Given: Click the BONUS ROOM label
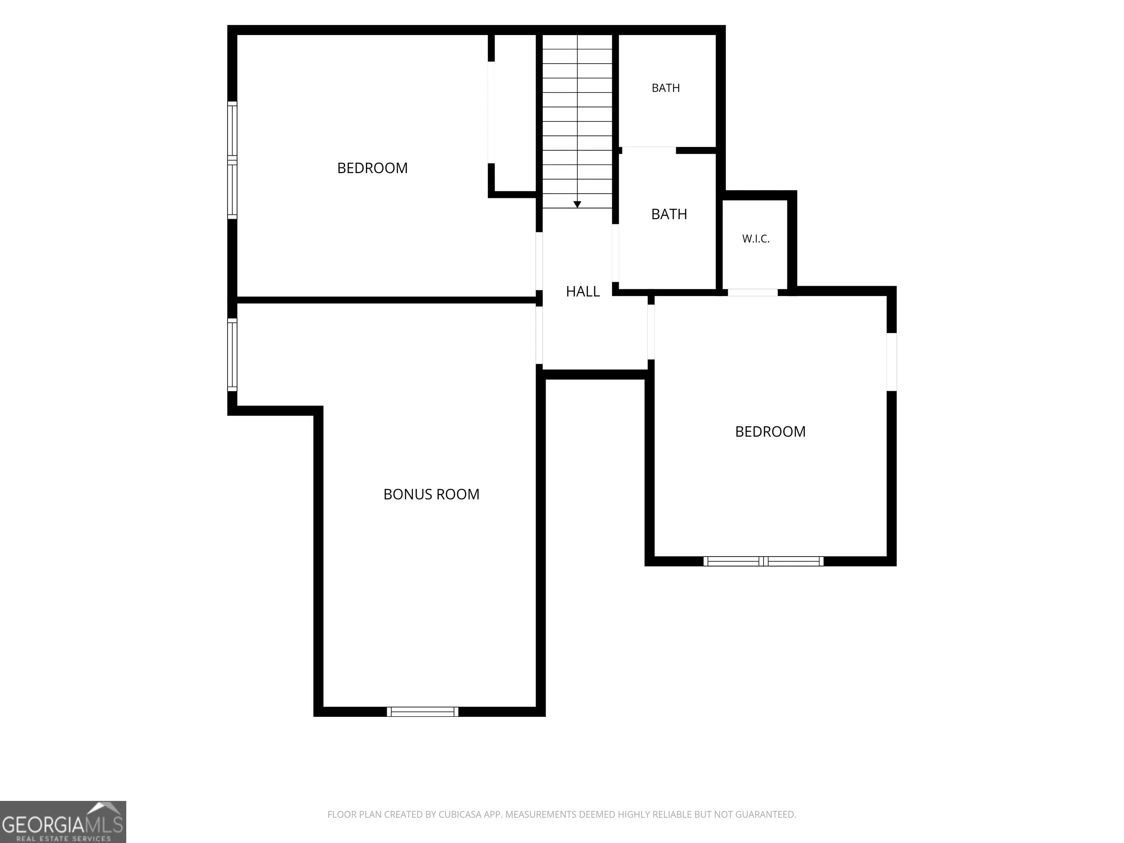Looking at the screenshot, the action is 431,494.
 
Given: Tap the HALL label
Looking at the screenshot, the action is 583,291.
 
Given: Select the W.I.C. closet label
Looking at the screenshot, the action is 756,239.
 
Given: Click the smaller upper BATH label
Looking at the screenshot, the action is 666,88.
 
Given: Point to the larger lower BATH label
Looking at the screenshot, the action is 669,214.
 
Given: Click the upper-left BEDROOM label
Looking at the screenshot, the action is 372,168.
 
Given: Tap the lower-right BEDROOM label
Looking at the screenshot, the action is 770,432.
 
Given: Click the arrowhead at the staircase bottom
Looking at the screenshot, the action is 577,204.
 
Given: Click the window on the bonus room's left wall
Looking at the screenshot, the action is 232,355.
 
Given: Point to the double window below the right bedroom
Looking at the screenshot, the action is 763,561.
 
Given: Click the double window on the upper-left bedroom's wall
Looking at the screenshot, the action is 232,160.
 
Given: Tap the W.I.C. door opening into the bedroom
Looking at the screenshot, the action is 753,292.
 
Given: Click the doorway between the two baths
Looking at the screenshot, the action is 649,150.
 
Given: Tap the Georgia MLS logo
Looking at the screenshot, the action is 63,822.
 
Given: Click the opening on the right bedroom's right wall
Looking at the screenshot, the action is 892,362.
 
